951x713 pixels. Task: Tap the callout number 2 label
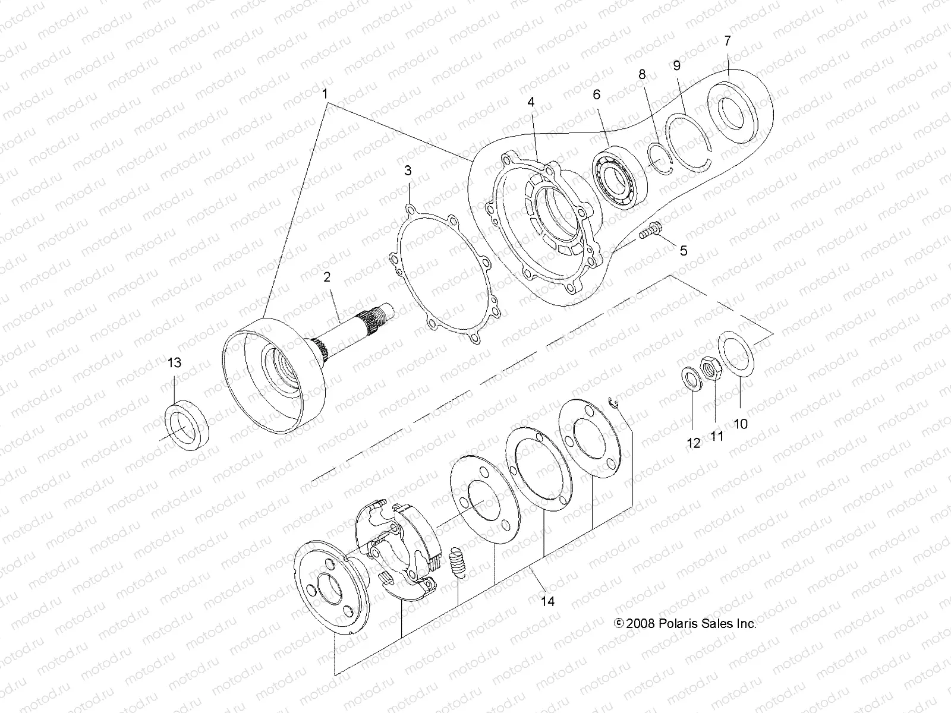[x=326, y=277]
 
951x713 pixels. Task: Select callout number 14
[x=547, y=601]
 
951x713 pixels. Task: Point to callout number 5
[x=683, y=251]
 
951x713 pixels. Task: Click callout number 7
[x=728, y=41]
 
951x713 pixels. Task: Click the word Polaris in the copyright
[x=678, y=623]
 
